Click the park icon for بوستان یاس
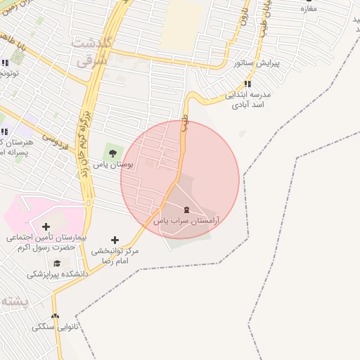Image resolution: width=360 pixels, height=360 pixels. click(110, 150)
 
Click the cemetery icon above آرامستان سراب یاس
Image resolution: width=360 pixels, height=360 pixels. click(186, 210)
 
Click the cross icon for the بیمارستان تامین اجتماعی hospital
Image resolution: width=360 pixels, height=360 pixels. click(46, 226)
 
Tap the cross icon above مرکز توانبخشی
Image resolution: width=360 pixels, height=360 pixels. click(115, 240)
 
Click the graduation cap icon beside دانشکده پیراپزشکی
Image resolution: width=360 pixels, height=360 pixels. click(58, 263)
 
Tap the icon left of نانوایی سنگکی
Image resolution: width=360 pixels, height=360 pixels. click(56, 316)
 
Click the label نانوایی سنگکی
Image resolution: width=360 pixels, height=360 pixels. click(52, 328)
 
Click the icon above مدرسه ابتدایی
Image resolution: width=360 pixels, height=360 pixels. click(247, 84)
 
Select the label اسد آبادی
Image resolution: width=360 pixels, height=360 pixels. click(247, 105)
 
